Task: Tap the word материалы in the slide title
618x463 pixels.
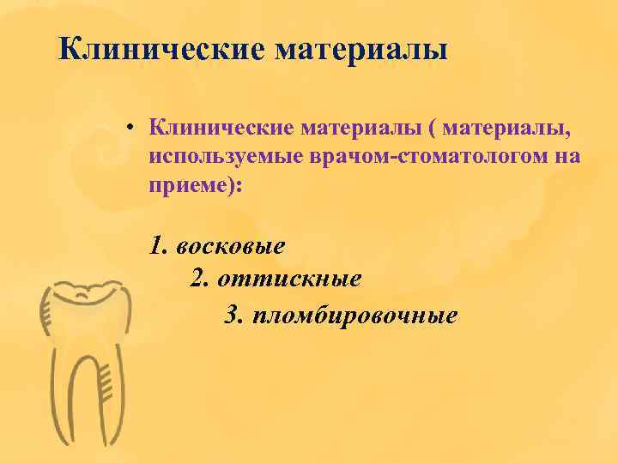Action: (x=361, y=48)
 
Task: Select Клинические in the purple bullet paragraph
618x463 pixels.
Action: (x=221, y=129)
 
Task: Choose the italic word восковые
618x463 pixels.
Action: (x=229, y=246)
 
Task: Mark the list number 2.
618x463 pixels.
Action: (x=199, y=279)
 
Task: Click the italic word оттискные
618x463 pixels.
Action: (x=289, y=279)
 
